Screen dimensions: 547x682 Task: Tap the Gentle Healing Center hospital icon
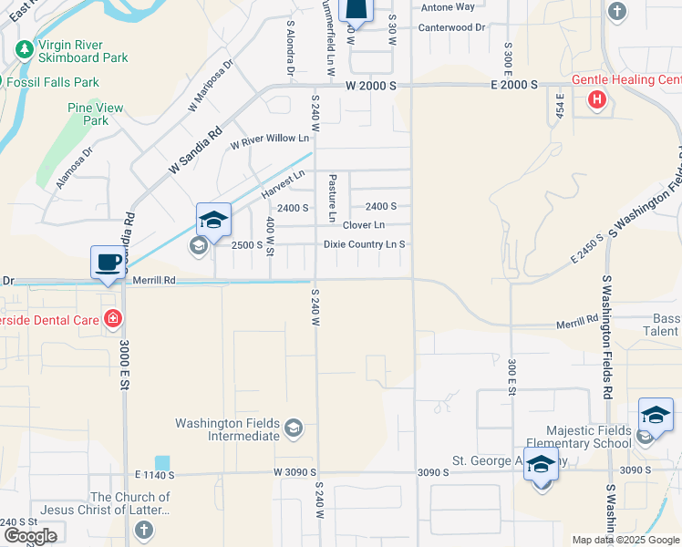[x=597, y=99]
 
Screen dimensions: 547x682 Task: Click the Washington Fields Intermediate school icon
[x=294, y=426]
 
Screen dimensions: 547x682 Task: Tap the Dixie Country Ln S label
[x=364, y=244]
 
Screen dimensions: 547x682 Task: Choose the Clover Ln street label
[x=364, y=225]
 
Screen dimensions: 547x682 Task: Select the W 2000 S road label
[x=370, y=85]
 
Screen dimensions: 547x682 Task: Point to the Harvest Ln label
[x=282, y=185]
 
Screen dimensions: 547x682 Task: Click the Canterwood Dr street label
[x=451, y=27]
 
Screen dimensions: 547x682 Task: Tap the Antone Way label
[x=448, y=7]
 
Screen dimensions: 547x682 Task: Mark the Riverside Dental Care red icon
[x=112, y=318]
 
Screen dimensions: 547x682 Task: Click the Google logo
[x=29, y=536]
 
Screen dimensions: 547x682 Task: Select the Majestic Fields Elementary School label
[x=588, y=437]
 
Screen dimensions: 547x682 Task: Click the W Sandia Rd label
[x=196, y=153]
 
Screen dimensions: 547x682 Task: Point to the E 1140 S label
[x=153, y=475]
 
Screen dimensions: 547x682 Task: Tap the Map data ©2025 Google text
[x=625, y=540]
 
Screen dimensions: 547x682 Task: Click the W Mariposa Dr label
[x=211, y=86]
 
